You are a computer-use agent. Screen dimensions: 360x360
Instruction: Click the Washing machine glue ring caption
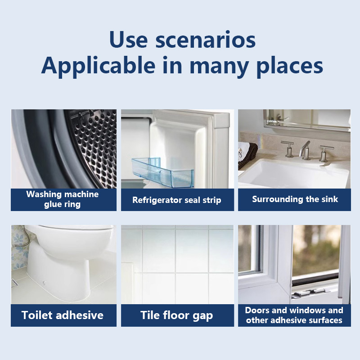63,199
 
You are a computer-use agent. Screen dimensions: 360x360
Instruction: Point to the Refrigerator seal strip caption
177,200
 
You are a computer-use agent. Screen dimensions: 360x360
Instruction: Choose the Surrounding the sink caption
295,199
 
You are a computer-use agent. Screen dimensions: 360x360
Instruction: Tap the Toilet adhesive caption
63,315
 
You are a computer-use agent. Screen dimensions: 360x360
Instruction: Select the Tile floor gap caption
177,315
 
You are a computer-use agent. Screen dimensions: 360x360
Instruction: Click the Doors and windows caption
294,315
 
